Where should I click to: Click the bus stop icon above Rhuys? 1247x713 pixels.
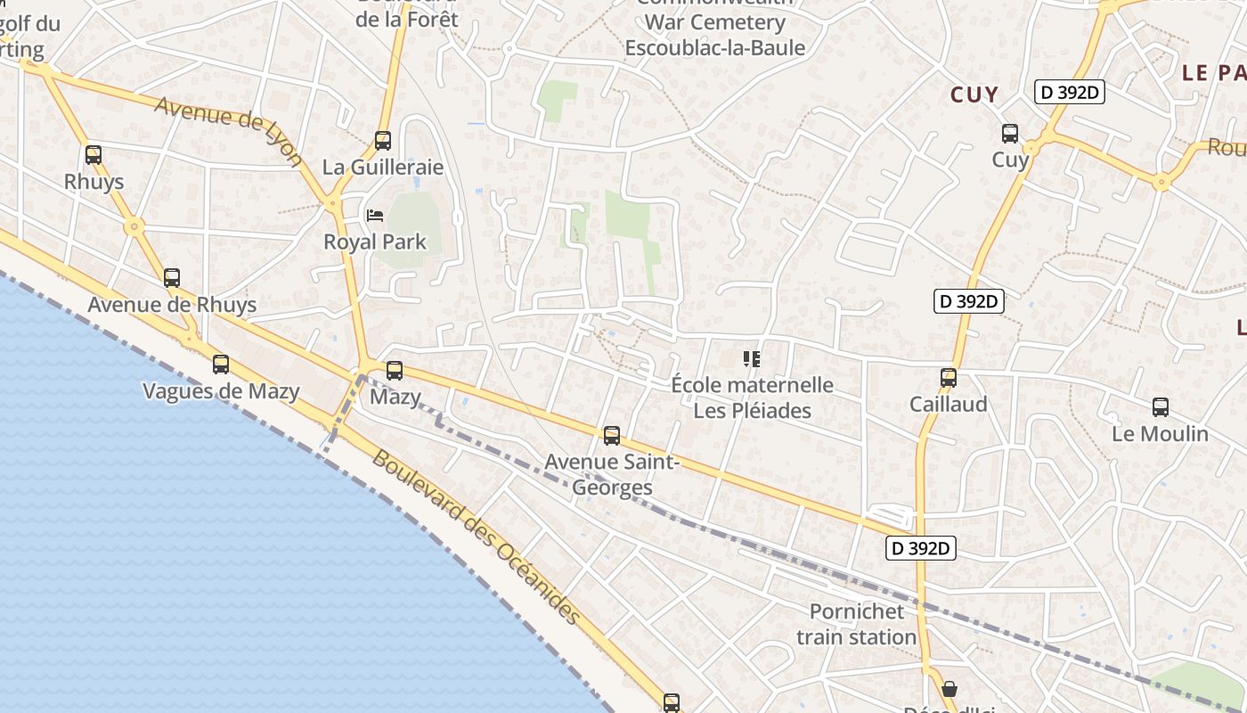tap(94, 154)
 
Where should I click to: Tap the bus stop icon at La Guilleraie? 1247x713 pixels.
tap(383, 140)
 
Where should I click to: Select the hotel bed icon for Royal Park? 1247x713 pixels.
tap(375, 216)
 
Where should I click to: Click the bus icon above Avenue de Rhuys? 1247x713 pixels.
tap(172, 277)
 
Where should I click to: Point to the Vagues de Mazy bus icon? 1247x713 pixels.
tap(221, 364)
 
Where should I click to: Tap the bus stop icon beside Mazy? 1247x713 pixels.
tap(395, 370)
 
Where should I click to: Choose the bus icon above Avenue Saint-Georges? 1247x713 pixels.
tap(612, 435)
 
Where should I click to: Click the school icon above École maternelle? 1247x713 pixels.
tap(752, 359)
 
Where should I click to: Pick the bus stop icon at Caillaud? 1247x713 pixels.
tap(949, 377)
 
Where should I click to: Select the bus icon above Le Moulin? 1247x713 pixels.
tap(1161, 406)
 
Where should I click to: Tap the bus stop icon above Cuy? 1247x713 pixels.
tap(1010, 134)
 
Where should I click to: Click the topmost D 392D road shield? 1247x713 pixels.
tap(1069, 92)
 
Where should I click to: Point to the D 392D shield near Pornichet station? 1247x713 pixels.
tap(921, 548)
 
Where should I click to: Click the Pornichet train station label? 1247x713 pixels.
tap(856, 624)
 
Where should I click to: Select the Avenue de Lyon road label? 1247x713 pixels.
tap(230, 129)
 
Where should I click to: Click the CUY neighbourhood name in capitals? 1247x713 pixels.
tap(974, 94)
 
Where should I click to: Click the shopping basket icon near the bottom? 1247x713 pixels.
tap(950, 688)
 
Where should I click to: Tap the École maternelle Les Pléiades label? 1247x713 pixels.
tap(753, 397)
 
